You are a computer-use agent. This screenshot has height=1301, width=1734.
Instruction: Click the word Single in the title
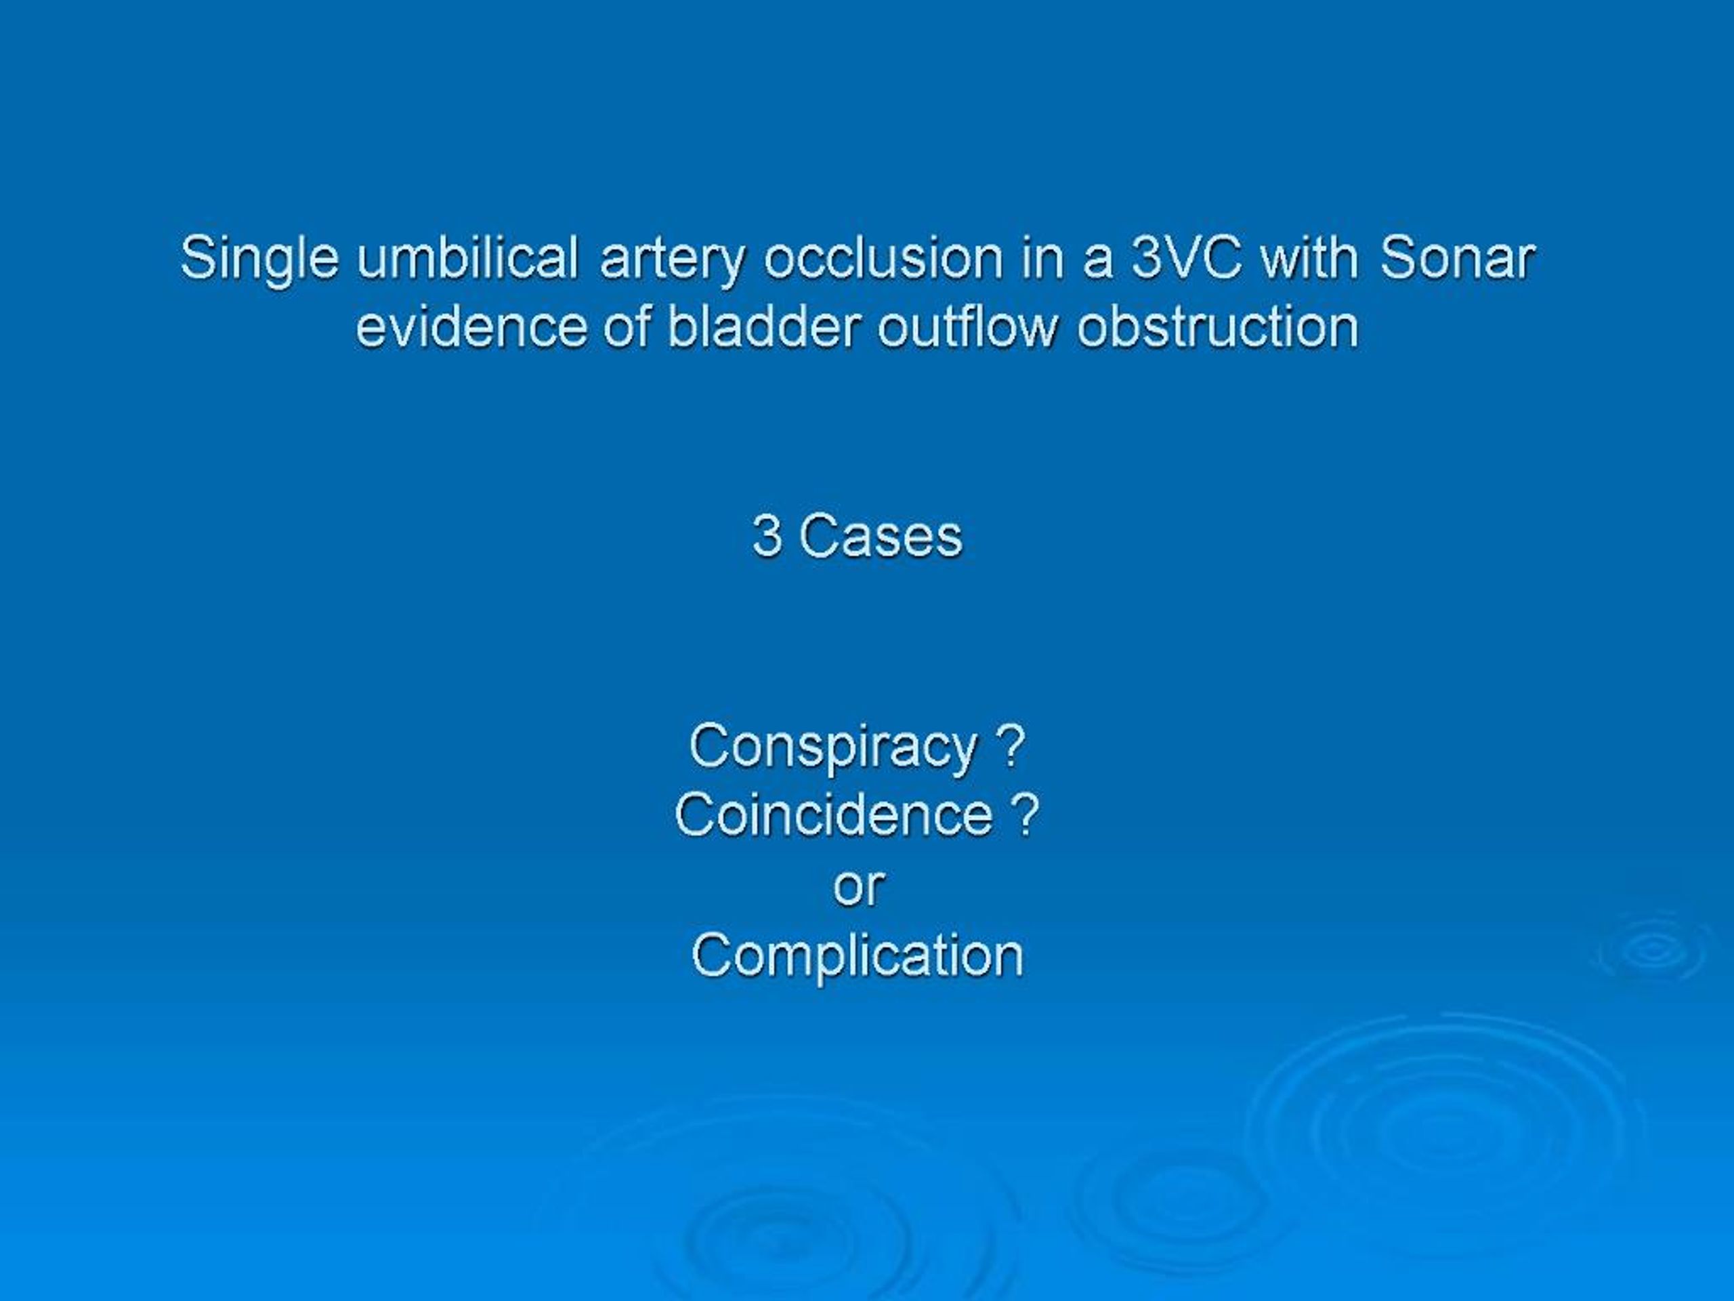pyautogui.click(x=259, y=260)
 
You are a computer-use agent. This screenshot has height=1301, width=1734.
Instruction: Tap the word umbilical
pyautogui.click(x=467, y=258)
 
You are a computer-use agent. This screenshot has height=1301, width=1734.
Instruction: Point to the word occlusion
pyautogui.click(x=883, y=258)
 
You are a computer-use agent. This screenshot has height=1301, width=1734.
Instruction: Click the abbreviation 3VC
pyautogui.click(x=1186, y=258)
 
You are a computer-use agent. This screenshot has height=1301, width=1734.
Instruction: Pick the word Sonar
pyautogui.click(x=1456, y=258)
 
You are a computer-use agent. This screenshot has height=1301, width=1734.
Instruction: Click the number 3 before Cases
pyautogui.click(x=767, y=537)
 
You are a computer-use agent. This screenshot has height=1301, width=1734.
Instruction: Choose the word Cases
pyautogui.click(x=881, y=537)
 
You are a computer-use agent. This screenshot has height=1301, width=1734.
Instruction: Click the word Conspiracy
pyautogui.click(x=833, y=747)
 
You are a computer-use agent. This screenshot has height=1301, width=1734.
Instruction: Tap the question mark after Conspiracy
pyautogui.click(x=1012, y=746)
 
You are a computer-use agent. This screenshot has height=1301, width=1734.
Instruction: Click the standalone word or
pyautogui.click(x=859, y=887)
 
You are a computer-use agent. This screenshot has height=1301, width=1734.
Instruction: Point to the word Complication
pyautogui.click(x=858, y=957)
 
